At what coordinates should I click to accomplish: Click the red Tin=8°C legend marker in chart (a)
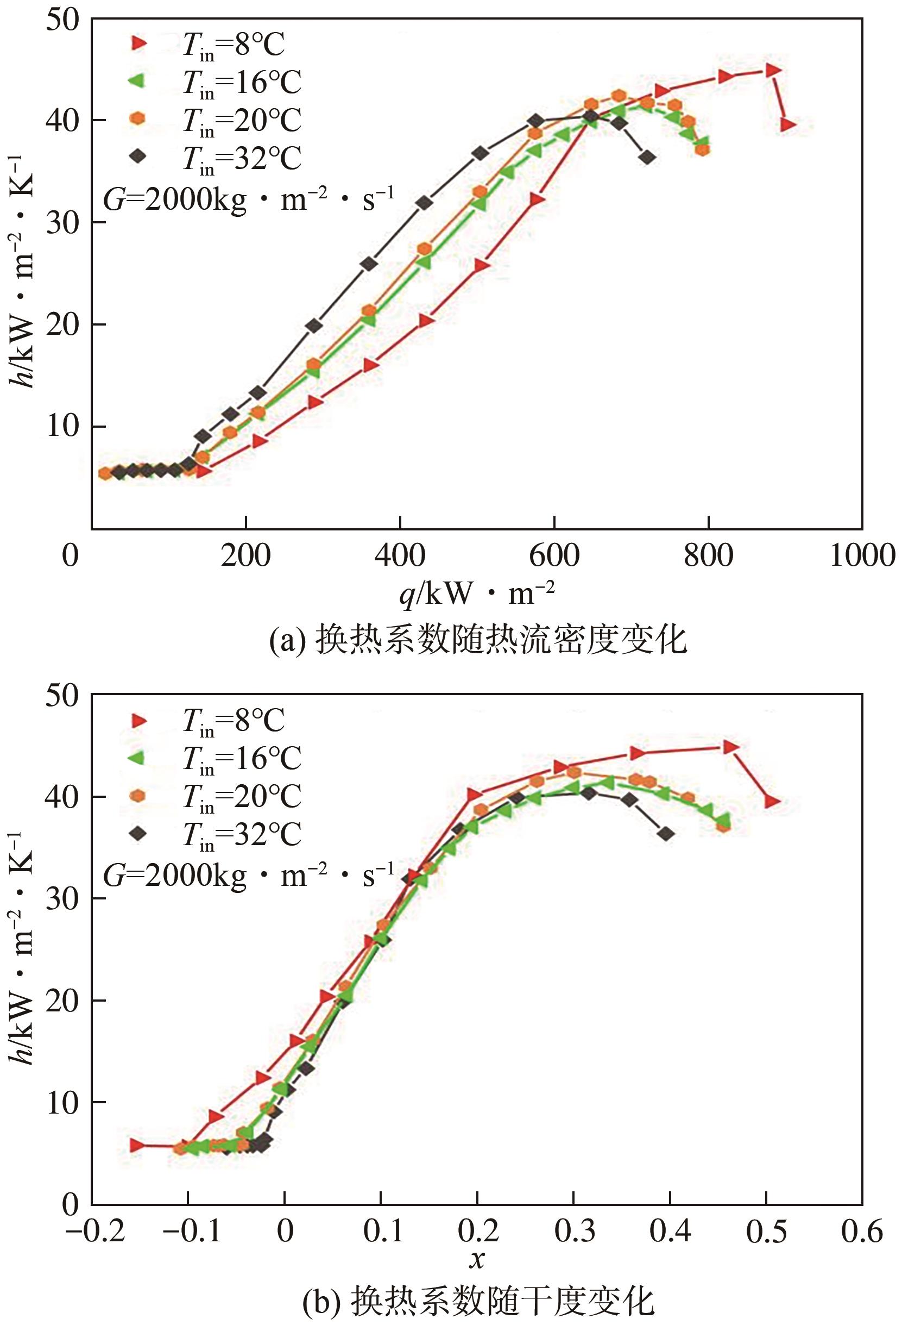tap(138, 43)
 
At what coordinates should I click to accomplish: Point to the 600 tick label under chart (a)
tap(554, 555)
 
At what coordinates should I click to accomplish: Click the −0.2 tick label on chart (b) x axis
tap(91, 1231)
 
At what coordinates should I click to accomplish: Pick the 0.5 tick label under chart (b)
tap(766, 1231)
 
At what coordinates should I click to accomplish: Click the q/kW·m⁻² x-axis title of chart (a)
tap(476, 593)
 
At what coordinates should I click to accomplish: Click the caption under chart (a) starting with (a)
tap(477, 640)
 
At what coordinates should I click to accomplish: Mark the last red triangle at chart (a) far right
tap(788, 124)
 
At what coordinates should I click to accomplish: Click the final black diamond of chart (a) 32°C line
tap(647, 158)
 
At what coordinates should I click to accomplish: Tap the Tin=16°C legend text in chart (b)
tap(241, 758)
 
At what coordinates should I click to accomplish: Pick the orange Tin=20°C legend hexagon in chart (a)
tap(138, 118)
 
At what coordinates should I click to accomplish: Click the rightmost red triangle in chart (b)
tap(772, 802)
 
